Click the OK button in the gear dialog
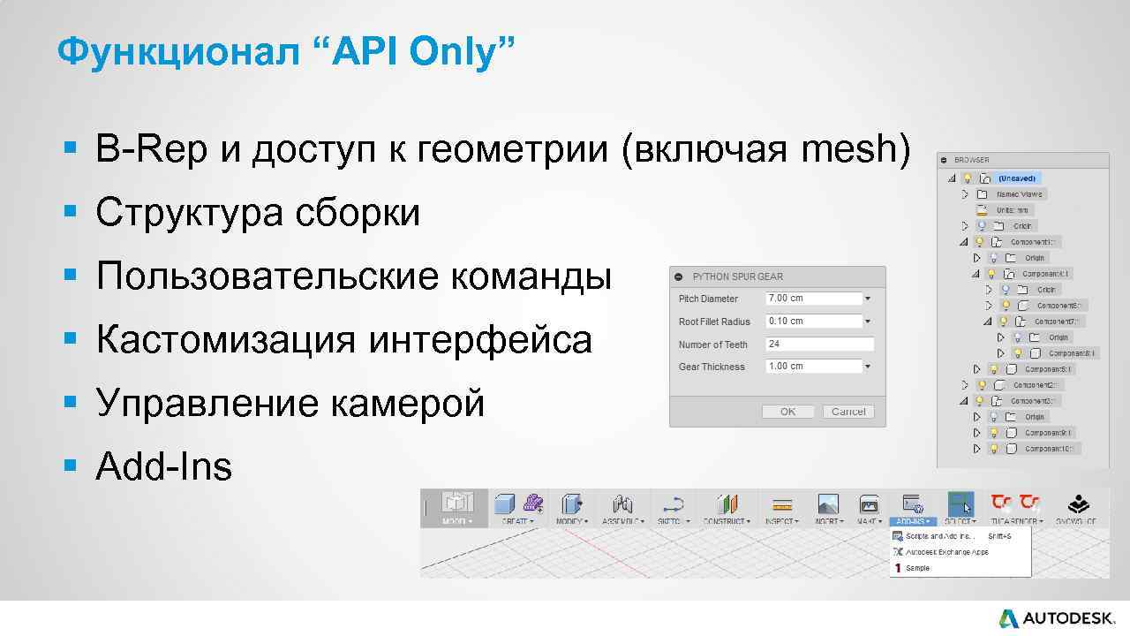tap(787, 412)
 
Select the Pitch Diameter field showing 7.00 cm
tap(813, 299)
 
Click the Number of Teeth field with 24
tap(819, 344)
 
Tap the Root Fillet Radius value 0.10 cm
tap(813, 322)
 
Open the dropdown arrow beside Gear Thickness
tap(868, 367)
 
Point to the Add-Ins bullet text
tap(163, 466)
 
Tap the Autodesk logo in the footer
tap(1056, 618)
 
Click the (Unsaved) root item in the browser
tap(1016, 178)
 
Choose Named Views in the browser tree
tap(1019, 194)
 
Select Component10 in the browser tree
tap(1051, 449)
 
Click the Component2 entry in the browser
tap(1034, 385)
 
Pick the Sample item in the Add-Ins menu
tap(917, 568)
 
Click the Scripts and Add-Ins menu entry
tap(938, 536)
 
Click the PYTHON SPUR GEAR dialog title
tap(737, 276)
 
